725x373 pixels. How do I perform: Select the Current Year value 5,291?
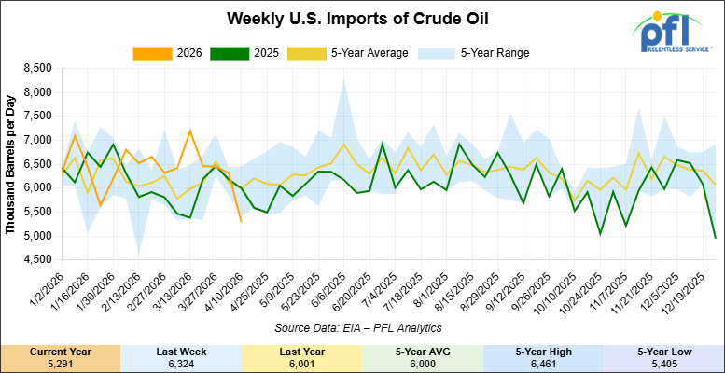(60, 362)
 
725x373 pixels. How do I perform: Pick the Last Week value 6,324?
(181, 362)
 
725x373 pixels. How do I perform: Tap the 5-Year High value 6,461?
(543, 362)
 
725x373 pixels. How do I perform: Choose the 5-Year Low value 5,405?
(663, 362)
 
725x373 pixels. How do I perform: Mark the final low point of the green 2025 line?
(715, 238)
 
